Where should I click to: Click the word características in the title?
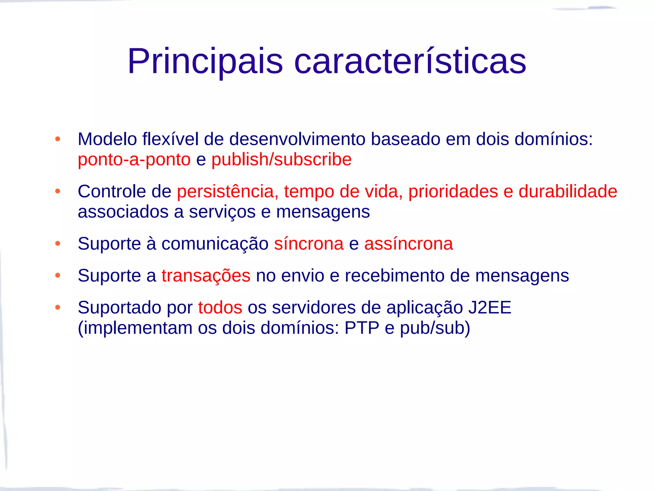(x=410, y=61)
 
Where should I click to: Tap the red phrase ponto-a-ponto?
(x=134, y=160)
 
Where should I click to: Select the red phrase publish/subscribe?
(x=281, y=160)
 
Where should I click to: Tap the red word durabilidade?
(x=568, y=191)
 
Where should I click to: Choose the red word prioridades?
(x=453, y=191)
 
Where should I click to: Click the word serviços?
(x=222, y=212)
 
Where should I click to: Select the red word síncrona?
(x=309, y=244)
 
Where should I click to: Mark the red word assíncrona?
(x=408, y=244)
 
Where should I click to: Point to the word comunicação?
(x=215, y=244)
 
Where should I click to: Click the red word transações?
(x=206, y=276)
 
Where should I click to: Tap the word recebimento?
(x=395, y=276)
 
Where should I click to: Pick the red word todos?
(x=220, y=308)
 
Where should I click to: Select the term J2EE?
(x=490, y=308)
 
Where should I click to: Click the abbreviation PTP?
(x=362, y=328)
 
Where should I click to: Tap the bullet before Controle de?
(x=58, y=191)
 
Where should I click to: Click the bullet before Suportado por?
(x=58, y=308)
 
